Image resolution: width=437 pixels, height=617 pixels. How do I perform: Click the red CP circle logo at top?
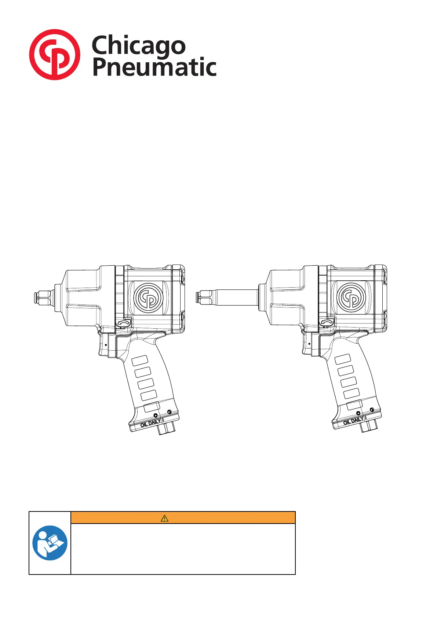tap(55, 55)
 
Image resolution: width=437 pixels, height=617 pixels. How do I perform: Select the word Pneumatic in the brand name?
tap(154, 67)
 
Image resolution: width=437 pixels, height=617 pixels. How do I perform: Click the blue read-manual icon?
tap(50, 543)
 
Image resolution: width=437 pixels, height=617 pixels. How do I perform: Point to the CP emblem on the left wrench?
tap(149, 298)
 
